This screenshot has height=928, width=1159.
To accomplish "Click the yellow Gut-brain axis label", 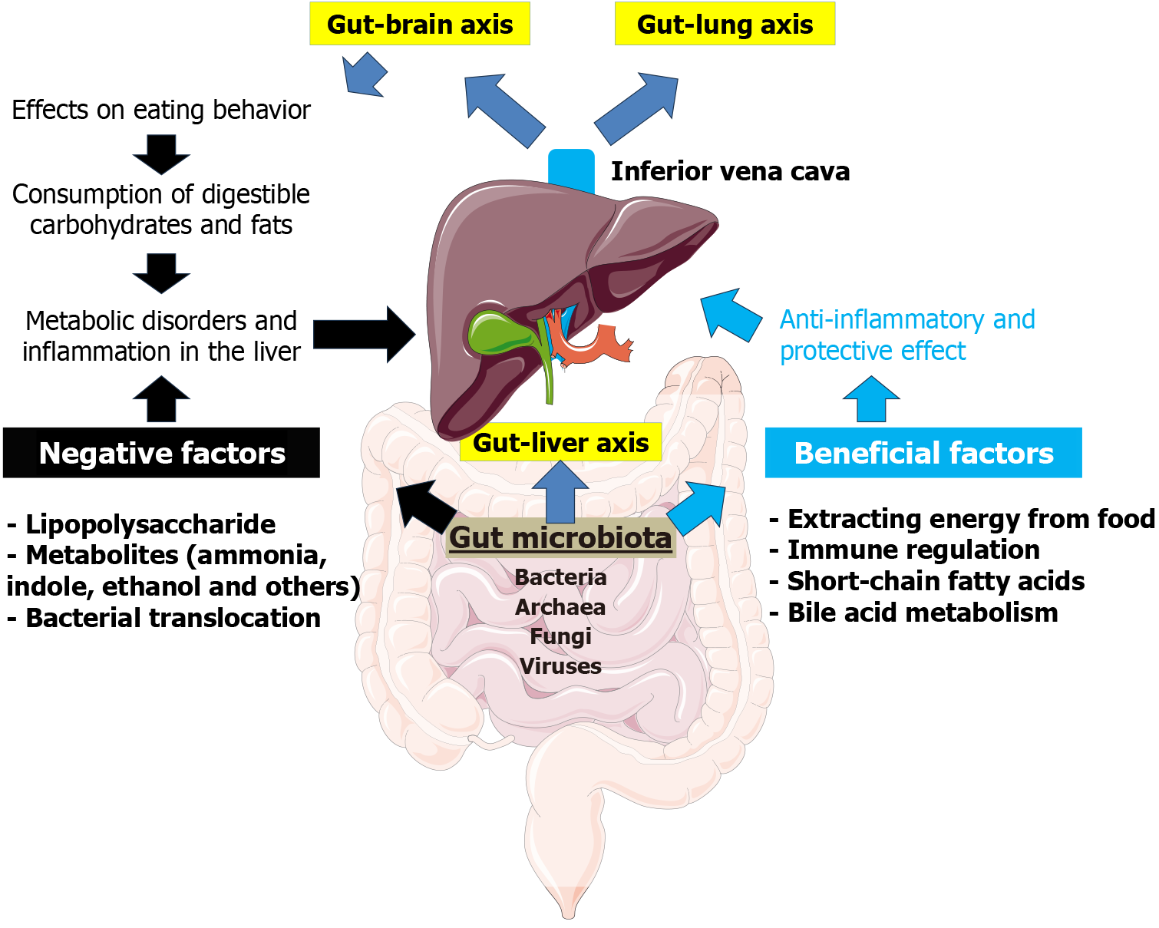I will (420, 24).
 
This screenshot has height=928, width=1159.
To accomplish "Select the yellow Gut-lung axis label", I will (725, 24).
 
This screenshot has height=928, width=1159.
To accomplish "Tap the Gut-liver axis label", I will (560, 442).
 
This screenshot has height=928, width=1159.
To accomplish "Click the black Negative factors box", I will (161, 453).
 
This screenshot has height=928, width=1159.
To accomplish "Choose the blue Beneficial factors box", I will (923, 453).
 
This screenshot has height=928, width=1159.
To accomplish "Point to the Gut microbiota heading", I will (560, 538).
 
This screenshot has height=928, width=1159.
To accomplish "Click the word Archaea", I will (560, 607).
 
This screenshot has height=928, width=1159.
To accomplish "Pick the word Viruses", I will (560, 666).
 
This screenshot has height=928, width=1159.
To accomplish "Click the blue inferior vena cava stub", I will (571, 170).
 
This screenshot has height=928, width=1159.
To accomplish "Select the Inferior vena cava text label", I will (730, 171).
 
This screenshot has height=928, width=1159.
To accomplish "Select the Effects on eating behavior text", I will (161, 110).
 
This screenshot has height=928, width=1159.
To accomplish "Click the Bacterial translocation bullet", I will (164, 618).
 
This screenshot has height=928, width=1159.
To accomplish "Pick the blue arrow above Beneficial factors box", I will (871, 398).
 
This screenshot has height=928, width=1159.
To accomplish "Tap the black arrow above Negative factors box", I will (161, 398).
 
